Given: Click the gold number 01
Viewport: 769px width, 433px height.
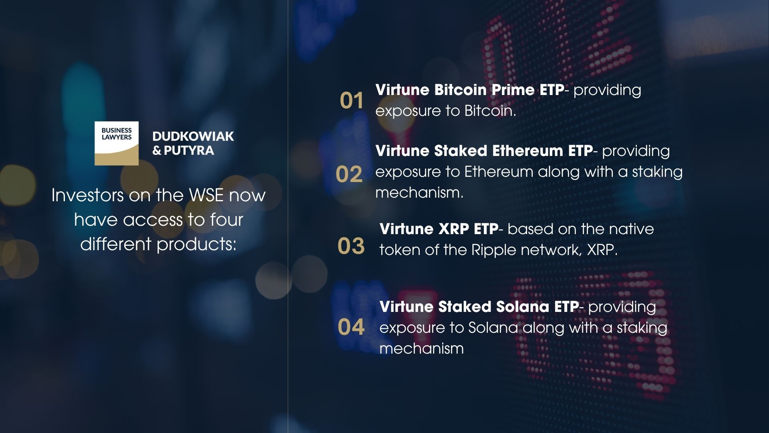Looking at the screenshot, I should tap(352, 101).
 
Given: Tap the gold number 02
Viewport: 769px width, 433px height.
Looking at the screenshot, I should tap(349, 174).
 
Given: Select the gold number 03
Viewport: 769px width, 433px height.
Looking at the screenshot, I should tap(351, 246).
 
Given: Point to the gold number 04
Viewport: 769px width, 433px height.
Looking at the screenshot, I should tap(351, 327).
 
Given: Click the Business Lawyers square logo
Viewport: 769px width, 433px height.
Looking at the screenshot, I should tap(117, 143).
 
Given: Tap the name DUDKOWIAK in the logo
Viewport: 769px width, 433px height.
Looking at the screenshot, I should tap(193, 136).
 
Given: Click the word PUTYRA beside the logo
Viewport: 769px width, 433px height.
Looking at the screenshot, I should tap(189, 151).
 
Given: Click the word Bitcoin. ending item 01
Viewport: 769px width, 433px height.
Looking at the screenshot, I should tap(490, 111).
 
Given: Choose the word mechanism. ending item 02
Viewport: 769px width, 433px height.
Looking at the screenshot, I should tap(419, 193).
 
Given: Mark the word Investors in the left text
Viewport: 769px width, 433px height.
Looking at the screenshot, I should tap(88, 196).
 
